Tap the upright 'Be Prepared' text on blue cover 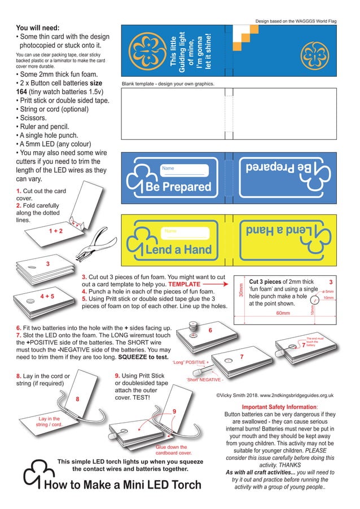(x=178, y=186)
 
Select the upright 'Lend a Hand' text (x=178, y=249)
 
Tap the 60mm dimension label (x=283, y=313)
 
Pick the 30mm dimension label (x=241, y=291)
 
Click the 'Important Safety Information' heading (x=279, y=407)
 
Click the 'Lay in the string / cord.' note (x=49, y=421)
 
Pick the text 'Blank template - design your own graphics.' (x=168, y=84)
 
